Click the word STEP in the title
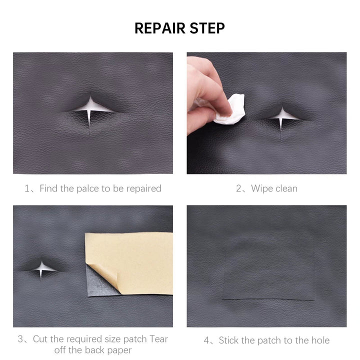(207, 28)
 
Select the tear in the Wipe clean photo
(282, 118)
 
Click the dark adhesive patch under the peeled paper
(99, 284)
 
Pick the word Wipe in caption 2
(261, 188)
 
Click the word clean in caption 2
(286, 188)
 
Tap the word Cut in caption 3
(40, 339)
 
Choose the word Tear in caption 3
(158, 339)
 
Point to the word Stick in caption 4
(229, 340)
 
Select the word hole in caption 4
(320, 340)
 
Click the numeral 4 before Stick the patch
(206, 340)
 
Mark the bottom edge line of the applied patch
(268, 299)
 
